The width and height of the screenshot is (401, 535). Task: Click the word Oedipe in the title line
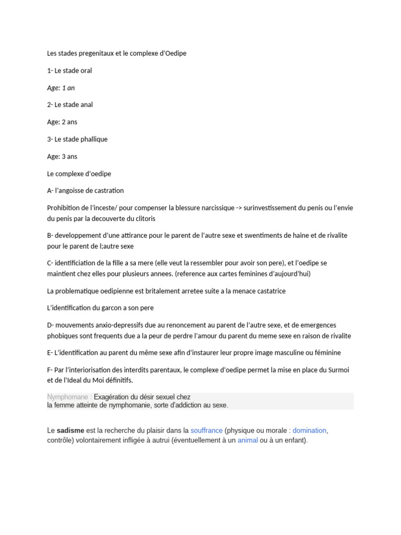coord(174,53)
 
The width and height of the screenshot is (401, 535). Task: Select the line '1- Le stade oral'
coord(69,71)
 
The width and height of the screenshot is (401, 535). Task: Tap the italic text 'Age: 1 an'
coord(61,88)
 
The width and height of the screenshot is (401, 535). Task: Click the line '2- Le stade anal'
coord(70,104)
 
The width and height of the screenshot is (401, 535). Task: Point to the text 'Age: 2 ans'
coord(62,122)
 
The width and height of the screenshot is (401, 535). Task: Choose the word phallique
coord(93,139)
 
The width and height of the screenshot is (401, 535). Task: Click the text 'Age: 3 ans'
coord(62,156)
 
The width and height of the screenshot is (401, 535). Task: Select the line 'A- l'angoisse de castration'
coord(85,191)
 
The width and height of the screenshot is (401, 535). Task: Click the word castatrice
coord(266,290)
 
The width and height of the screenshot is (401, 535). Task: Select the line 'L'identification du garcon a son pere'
coord(100,308)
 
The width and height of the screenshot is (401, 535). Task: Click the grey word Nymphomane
coord(66,397)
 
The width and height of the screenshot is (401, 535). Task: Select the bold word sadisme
coord(70,431)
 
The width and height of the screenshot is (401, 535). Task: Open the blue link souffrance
coord(206,431)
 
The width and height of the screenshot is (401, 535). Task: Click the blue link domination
coord(309,431)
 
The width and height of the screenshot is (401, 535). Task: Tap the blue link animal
coord(247,440)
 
